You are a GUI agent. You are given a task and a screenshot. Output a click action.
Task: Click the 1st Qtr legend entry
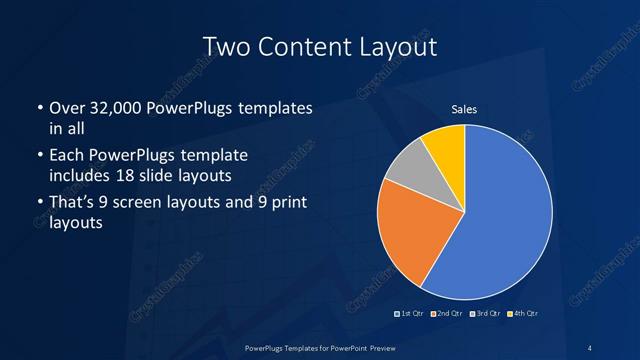tap(411, 313)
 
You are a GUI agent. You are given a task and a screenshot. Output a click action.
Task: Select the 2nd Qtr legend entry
tap(446, 313)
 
